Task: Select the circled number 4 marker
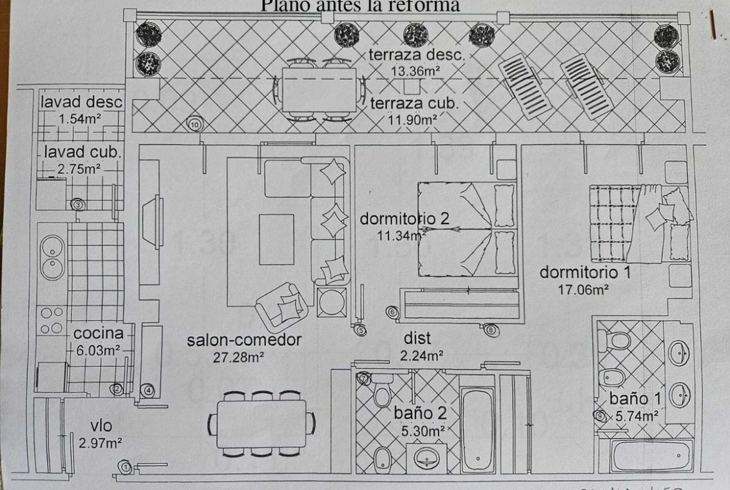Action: [x=148, y=391]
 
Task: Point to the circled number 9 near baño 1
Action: [x=600, y=416]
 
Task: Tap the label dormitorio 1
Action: [x=585, y=272]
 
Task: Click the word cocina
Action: [x=99, y=333]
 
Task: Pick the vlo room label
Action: [x=101, y=426]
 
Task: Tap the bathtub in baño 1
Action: [x=651, y=456]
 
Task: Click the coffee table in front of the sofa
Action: [x=276, y=239]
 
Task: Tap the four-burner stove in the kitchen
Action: [x=51, y=319]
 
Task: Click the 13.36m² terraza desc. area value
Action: [x=416, y=71]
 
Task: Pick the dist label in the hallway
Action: [x=417, y=338]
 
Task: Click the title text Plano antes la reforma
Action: [x=359, y=6]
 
